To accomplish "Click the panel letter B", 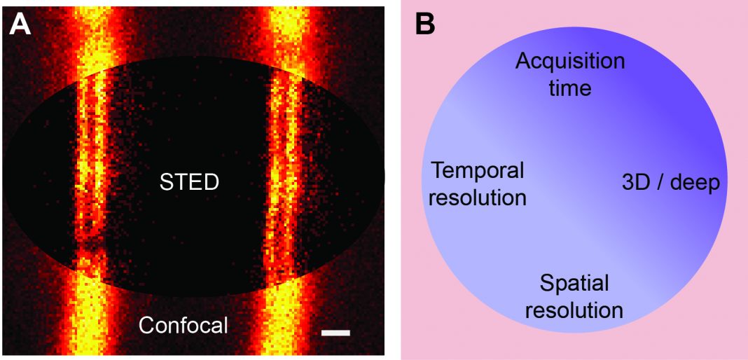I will [424, 24].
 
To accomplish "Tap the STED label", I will [189, 183].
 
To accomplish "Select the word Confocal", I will [183, 325].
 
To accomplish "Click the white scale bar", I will [335, 333].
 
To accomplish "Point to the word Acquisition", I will [569, 62].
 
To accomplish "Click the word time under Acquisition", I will [569, 89].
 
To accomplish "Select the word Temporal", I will [478, 170].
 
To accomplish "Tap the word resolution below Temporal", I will [478, 198].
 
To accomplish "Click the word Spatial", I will [574, 284].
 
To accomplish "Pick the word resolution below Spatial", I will [574, 310].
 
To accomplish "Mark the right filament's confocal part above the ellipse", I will [289, 32].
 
